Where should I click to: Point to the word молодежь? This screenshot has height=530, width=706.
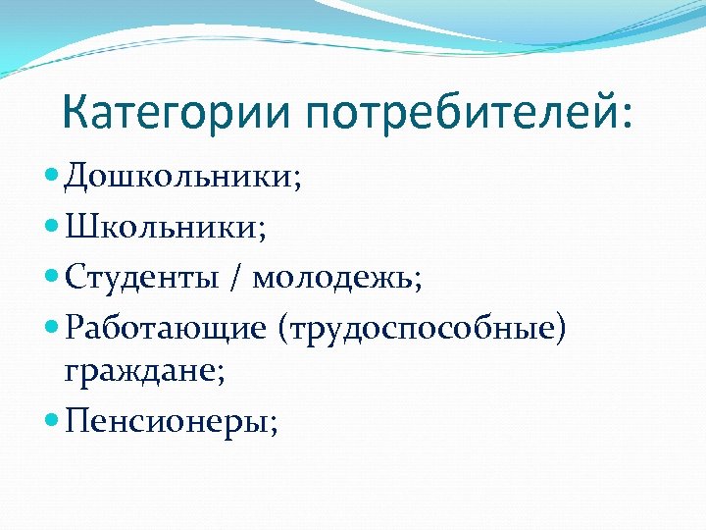(x=332, y=279)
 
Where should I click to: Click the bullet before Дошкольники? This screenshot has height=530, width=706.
(x=53, y=178)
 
